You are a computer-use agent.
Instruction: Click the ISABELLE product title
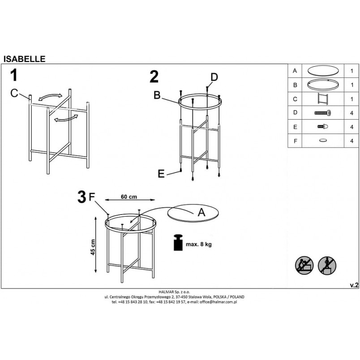pyautogui.click(x=24, y=59)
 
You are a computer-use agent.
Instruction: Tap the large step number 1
pyautogui.click(x=14, y=75)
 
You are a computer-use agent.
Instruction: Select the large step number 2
pyautogui.click(x=154, y=77)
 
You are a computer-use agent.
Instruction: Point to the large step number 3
pyautogui.click(x=82, y=197)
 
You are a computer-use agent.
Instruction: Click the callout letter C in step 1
pyautogui.click(x=14, y=93)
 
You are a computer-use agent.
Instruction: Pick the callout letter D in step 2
pyautogui.click(x=214, y=77)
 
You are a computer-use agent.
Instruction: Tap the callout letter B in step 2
pyautogui.click(x=157, y=95)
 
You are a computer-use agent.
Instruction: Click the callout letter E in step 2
pyautogui.click(x=161, y=174)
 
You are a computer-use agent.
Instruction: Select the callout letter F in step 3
pyautogui.click(x=92, y=197)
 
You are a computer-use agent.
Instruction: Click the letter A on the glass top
pyautogui.click(x=201, y=212)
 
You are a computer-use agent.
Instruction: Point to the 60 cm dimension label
pyautogui.click(x=129, y=197)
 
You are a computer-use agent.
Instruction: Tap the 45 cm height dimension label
pyautogui.click(x=93, y=247)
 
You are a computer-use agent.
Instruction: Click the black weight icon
pyautogui.click(x=178, y=242)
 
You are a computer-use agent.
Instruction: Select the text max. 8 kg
pyautogui.click(x=199, y=244)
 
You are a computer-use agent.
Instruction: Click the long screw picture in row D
pyautogui.click(x=322, y=113)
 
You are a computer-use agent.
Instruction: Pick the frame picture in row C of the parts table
pyautogui.click(x=322, y=99)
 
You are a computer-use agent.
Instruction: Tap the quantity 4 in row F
pyautogui.click(x=351, y=141)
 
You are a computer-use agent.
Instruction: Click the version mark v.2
pyautogui.click(x=354, y=285)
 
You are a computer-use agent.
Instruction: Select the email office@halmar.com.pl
pyautogui.click(x=218, y=302)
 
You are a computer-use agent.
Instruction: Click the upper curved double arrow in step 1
pyautogui.click(x=50, y=97)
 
